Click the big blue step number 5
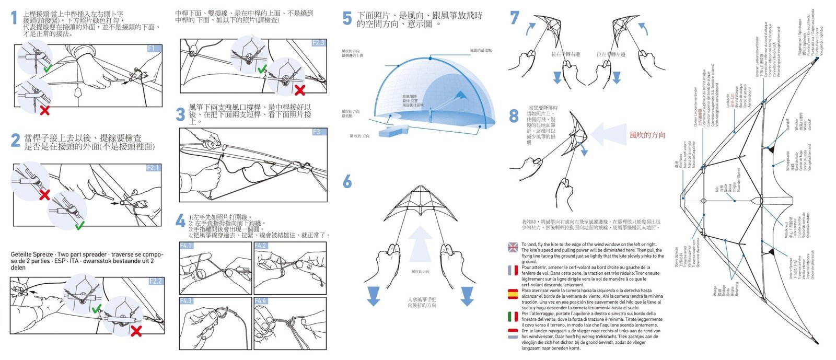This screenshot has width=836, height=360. coord(347,19)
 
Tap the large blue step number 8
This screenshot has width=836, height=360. coord(514,115)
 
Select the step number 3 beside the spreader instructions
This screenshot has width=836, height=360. coord(181,114)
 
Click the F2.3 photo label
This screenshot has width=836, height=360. coord(318,43)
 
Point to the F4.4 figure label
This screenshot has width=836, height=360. coord(261,301)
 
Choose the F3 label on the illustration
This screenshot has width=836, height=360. coord(317,132)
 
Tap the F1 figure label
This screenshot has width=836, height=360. coord(151,48)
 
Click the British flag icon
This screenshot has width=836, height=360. coord(513,247)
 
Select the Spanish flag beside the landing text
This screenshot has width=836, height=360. coord(513,294)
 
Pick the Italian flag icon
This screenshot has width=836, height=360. coord(513,316)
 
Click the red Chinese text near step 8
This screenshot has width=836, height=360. coord(647,135)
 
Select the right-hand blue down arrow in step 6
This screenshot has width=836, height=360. coord(467,296)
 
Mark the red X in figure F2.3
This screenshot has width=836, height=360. coord(300,90)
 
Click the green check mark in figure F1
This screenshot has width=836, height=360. coord(48,68)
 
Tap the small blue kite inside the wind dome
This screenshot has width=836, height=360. coord(461,96)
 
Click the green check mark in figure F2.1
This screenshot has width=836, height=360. coord(79,225)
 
